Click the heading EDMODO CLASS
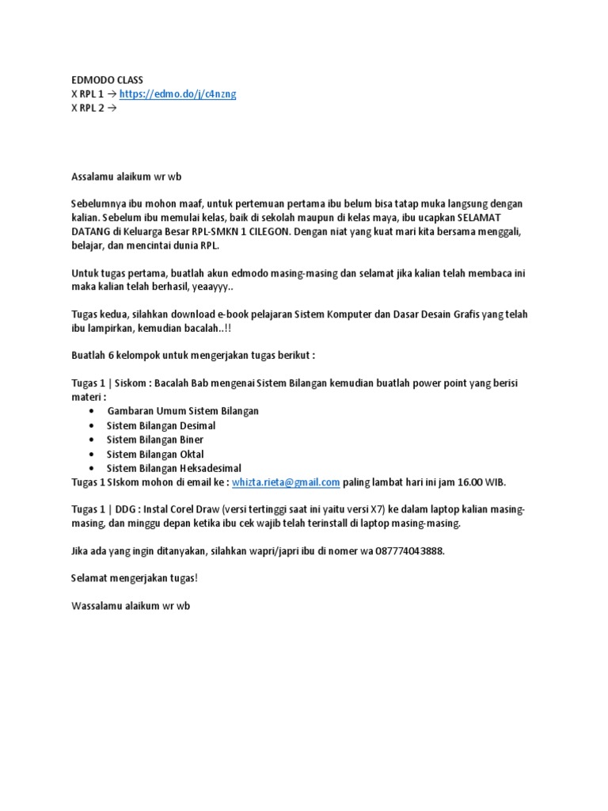pyautogui.click(x=107, y=81)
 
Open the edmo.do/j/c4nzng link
pyautogui.click(x=177, y=94)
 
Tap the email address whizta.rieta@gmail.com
pyautogui.click(x=286, y=482)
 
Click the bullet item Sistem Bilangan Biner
pyautogui.click(x=155, y=440)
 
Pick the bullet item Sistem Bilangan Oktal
pyautogui.click(x=155, y=454)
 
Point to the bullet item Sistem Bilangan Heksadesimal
pyautogui.click(x=174, y=468)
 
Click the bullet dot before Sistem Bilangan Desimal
pyautogui.click(x=93, y=426)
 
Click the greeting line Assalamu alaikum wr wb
pyautogui.click(x=127, y=176)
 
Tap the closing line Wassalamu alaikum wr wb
pyautogui.click(x=131, y=607)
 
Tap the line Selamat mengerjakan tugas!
pyautogui.click(x=134, y=579)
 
